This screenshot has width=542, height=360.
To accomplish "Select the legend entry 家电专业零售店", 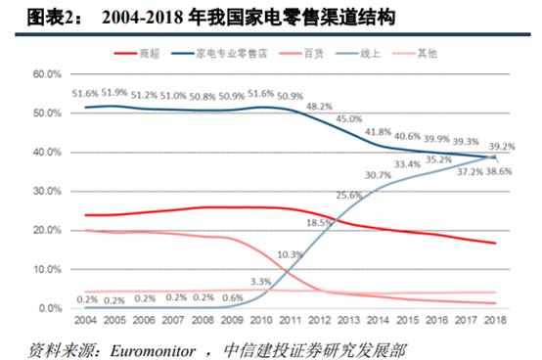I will point(232,50).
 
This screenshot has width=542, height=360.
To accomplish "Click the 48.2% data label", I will point(319,106).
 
